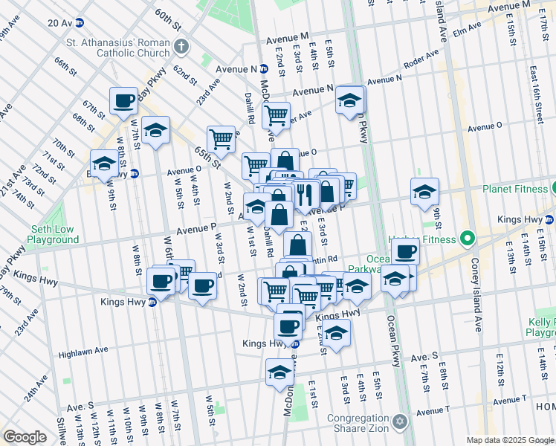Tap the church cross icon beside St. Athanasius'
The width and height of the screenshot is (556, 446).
point(181,49)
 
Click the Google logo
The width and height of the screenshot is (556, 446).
point(25,437)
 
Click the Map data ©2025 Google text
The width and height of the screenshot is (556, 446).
point(510,440)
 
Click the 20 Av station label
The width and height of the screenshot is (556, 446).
point(59,23)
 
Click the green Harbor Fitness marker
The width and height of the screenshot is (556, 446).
point(467,239)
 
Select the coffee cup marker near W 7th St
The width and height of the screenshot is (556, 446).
point(124,100)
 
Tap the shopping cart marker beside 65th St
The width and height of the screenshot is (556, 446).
point(221,139)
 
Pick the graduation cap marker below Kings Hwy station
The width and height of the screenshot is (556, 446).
point(279,371)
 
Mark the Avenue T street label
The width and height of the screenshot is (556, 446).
point(433,411)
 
